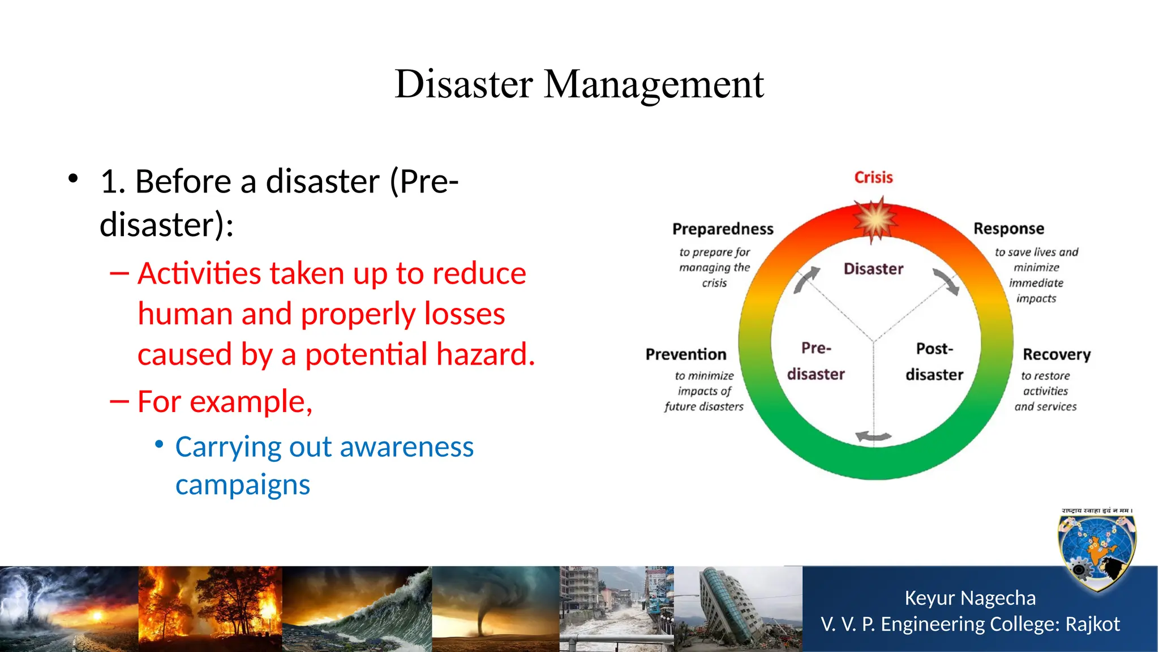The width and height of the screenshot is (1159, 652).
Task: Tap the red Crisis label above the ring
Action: click(x=873, y=178)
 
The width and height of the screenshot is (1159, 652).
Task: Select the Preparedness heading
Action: click(x=723, y=229)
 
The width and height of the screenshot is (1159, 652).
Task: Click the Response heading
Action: click(x=1008, y=229)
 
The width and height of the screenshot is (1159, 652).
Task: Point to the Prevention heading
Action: click(x=686, y=355)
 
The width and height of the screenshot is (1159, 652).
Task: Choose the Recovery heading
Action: click(x=1057, y=355)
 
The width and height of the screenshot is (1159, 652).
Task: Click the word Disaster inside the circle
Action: click(x=873, y=269)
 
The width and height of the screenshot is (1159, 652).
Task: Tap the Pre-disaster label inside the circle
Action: click(x=815, y=361)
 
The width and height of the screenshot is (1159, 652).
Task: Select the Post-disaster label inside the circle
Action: click(x=934, y=362)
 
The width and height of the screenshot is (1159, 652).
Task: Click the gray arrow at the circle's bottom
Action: click(x=873, y=436)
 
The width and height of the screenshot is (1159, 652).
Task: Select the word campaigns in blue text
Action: click(x=243, y=485)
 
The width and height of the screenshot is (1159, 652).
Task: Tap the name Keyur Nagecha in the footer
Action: click(x=969, y=598)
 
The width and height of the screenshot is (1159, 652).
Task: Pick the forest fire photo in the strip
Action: click(x=210, y=608)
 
